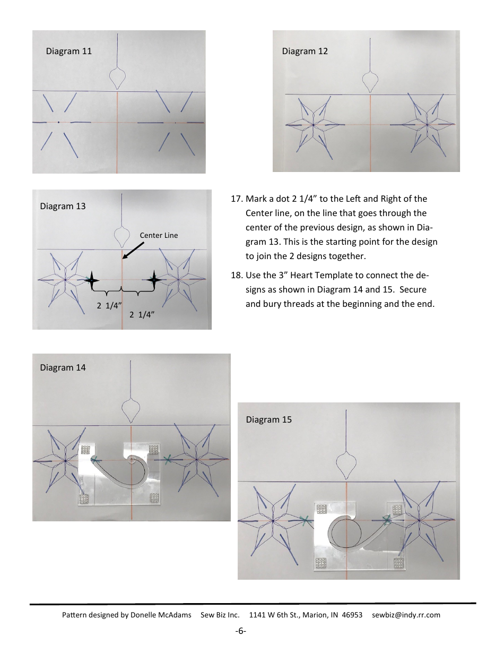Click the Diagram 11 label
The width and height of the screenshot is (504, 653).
click(69, 51)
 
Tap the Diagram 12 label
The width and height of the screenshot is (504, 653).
click(305, 51)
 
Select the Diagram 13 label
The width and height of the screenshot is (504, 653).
click(63, 207)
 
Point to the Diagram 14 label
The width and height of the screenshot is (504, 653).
click(63, 367)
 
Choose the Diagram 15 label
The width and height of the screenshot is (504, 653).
click(268, 419)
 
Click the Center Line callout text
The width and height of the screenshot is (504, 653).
click(159, 235)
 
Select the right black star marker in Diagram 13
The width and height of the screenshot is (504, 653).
click(154, 279)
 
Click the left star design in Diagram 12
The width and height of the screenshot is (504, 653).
click(313, 125)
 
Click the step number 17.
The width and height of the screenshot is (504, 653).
click(237, 199)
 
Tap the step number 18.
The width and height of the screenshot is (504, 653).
click(237, 277)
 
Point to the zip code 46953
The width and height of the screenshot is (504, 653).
click(352, 615)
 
